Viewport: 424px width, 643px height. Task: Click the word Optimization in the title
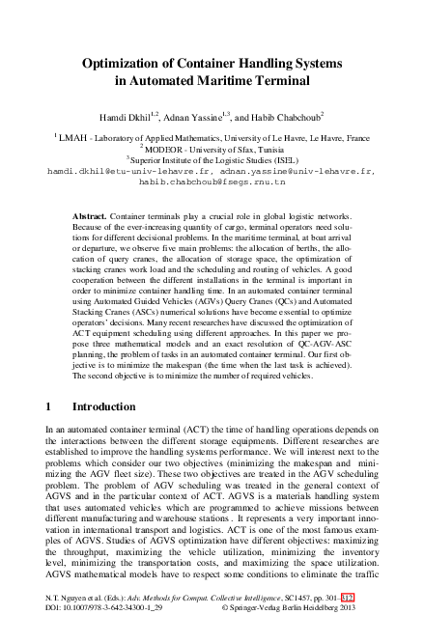point(125,63)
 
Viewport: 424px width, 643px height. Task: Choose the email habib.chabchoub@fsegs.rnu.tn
point(212,181)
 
